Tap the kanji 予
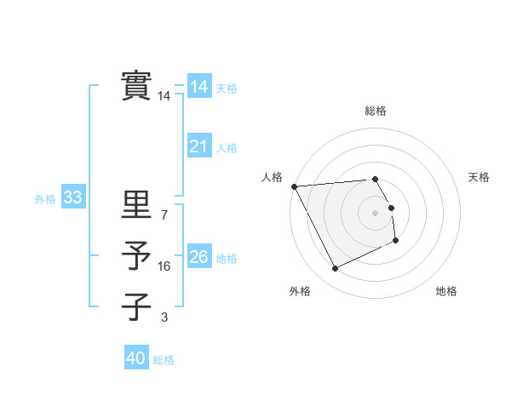click(x=136, y=255)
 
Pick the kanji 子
click(x=136, y=306)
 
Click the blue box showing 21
click(x=198, y=147)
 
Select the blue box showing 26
click(x=198, y=257)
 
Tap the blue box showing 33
click(x=72, y=198)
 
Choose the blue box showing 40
click(x=136, y=358)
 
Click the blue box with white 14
click(x=198, y=87)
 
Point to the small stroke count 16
click(x=164, y=266)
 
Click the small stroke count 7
click(x=164, y=216)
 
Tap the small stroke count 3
click(x=164, y=317)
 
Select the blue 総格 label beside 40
click(x=164, y=360)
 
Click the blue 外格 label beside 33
click(x=45, y=199)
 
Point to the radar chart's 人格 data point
click(x=294, y=186)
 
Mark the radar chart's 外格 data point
click(x=335, y=269)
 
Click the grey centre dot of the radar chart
click(x=375, y=212)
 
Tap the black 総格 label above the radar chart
click(x=375, y=111)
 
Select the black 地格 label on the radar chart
click(x=446, y=292)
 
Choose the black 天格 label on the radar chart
click(x=479, y=177)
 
